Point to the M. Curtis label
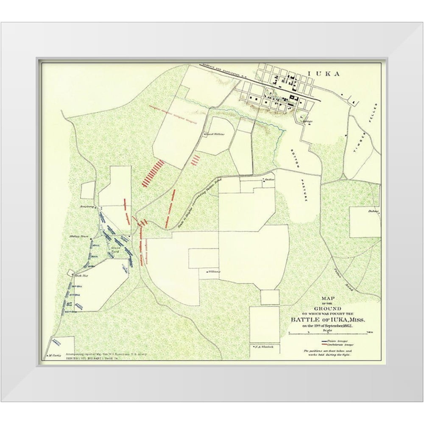click(55, 355)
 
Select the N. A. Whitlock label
click(262, 347)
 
